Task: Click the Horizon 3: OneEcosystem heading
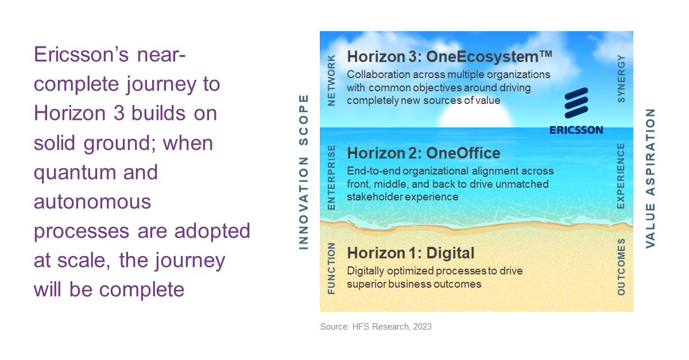click(x=450, y=57)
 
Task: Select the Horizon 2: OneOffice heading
click(x=424, y=153)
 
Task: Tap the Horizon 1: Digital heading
click(x=411, y=253)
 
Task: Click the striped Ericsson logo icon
click(x=576, y=103)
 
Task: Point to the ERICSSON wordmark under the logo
click(x=576, y=130)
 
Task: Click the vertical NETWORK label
click(x=331, y=80)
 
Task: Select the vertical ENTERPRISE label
click(x=331, y=177)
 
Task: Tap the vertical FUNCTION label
click(x=331, y=268)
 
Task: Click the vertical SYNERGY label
click(x=621, y=79)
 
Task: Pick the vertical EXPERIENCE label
click(x=621, y=176)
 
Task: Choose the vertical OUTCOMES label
click(x=621, y=267)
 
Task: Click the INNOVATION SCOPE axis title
click(x=304, y=172)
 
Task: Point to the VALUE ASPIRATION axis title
click(x=650, y=179)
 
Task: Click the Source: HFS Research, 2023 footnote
click(x=376, y=327)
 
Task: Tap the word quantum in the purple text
click(x=75, y=173)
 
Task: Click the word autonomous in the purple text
click(x=92, y=202)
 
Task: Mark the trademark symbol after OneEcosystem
click(x=546, y=54)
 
